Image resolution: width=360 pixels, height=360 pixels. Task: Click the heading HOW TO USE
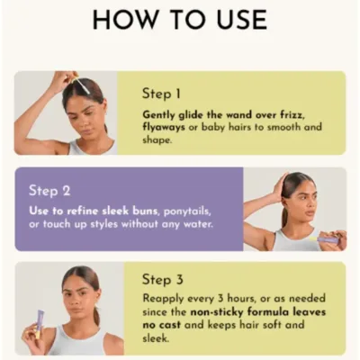(x=180, y=20)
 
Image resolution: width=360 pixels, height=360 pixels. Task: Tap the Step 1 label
(x=161, y=93)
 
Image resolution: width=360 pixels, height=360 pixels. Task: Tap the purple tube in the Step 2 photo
(x=329, y=239)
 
